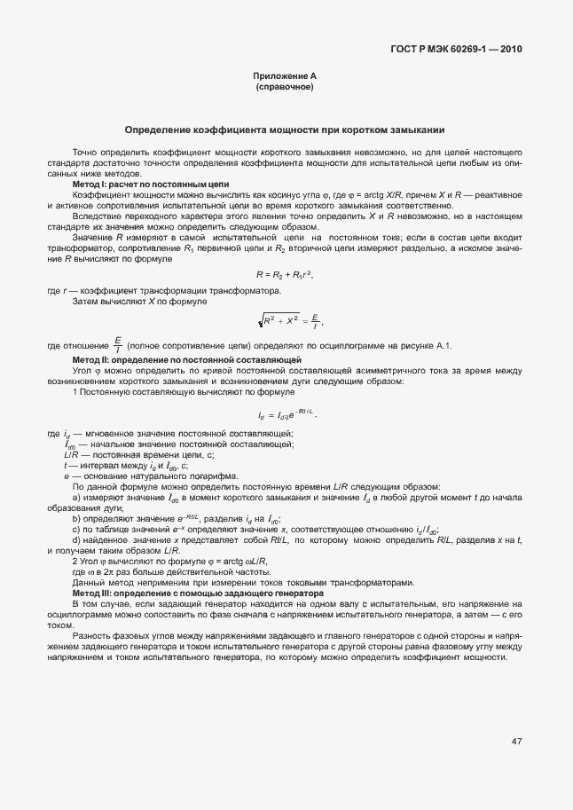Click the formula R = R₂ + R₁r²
point(285,276)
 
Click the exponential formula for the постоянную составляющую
point(286,413)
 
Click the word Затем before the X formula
point(86,303)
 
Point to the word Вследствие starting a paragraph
point(97,216)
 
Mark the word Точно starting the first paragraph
point(85,153)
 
